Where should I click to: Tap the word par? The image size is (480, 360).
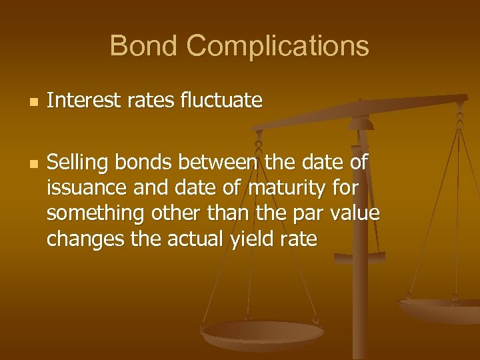coord(305,215)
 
